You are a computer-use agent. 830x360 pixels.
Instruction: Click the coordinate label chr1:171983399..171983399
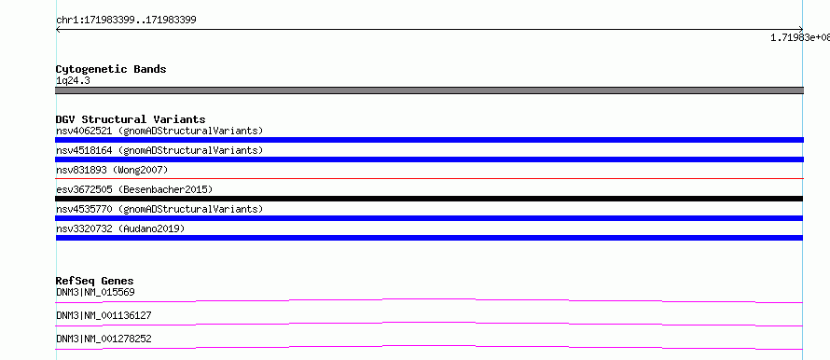126,21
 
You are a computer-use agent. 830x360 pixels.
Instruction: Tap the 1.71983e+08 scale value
800,37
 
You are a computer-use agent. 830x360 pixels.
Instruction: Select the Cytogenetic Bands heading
111,69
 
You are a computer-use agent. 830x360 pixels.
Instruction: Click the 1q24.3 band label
73,80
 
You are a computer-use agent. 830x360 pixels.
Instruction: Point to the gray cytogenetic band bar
429,90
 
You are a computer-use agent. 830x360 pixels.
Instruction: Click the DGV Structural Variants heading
131,119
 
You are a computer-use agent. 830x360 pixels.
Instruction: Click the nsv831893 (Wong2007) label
112,170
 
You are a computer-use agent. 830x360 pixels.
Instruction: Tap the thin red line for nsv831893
429,178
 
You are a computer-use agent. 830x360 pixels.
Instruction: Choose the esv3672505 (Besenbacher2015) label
134,189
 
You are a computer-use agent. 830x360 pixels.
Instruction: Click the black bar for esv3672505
429,199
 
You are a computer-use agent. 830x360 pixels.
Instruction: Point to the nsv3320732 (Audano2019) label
120,228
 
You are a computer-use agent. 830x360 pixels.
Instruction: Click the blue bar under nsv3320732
429,238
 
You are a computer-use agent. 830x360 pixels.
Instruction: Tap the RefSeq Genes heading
95,281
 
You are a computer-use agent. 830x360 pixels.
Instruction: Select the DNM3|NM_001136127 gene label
104,315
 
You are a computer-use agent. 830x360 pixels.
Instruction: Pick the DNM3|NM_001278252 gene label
104,339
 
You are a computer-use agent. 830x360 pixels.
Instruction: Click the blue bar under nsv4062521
429,140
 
